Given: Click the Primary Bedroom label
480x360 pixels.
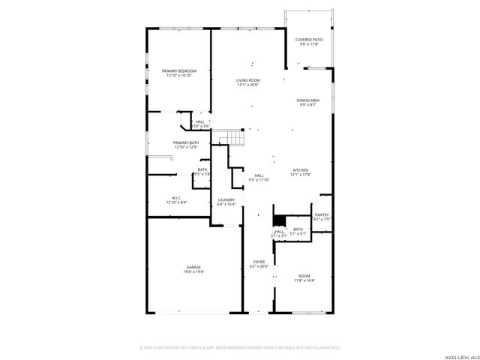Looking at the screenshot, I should (x=178, y=70).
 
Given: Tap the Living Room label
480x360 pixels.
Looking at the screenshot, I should (x=247, y=80).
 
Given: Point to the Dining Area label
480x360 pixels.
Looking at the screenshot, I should (x=307, y=100).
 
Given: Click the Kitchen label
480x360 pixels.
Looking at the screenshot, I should (x=301, y=170).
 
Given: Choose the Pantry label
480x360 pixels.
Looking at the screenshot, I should (x=322, y=214).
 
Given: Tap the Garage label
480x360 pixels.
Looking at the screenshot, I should (x=194, y=267).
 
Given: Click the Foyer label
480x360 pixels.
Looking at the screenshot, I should (x=258, y=262).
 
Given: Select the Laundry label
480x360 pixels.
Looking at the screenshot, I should (x=226, y=199).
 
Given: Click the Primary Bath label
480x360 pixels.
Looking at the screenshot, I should (x=186, y=142).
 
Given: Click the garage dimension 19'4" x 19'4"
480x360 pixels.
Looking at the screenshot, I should (x=194, y=271).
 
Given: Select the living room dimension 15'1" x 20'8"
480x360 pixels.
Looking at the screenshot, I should (x=247, y=85).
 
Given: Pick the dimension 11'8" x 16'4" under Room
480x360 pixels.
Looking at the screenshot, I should (x=304, y=280).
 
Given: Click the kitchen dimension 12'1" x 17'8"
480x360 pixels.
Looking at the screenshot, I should (x=301, y=175).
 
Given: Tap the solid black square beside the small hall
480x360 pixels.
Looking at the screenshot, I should (x=278, y=220).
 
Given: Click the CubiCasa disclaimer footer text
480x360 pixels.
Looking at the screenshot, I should (x=240, y=347).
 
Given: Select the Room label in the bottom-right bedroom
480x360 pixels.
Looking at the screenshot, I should (x=304, y=276).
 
